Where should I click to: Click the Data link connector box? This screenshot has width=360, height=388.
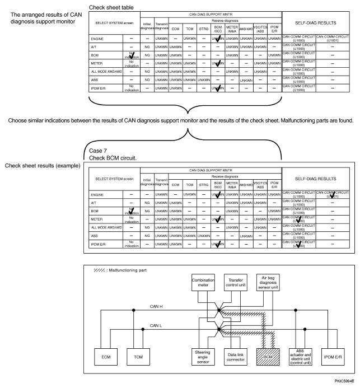coord(233,355)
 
